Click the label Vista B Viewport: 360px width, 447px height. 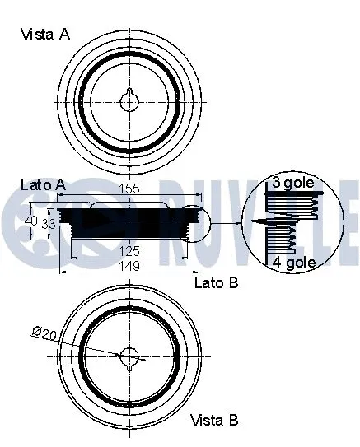pos(214,420)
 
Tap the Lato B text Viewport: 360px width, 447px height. pos(216,283)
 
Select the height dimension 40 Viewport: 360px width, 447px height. pos(31,221)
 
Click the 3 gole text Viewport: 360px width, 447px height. pos(292,183)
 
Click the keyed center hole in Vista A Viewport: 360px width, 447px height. pos(130,100)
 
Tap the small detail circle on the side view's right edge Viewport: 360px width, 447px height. pos(195,221)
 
